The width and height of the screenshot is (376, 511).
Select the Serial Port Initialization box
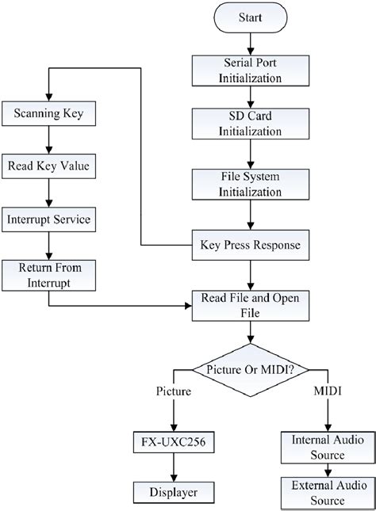pos(251,71)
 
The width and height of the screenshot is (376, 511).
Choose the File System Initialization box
pos(251,183)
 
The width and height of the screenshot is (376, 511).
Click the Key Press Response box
pos(251,245)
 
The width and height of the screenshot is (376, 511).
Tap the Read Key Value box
pos(49,166)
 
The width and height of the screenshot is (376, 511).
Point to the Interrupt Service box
pos(49,219)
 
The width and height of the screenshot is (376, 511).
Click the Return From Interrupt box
pos(49,274)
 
